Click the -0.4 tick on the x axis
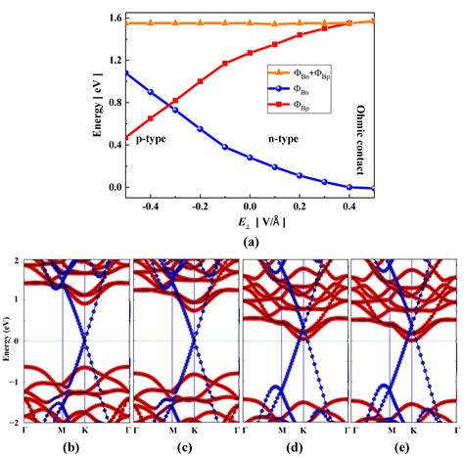click(150, 206)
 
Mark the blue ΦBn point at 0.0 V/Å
click(250, 158)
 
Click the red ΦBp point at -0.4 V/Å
click(150, 118)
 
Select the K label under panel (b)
click(84, 430)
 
